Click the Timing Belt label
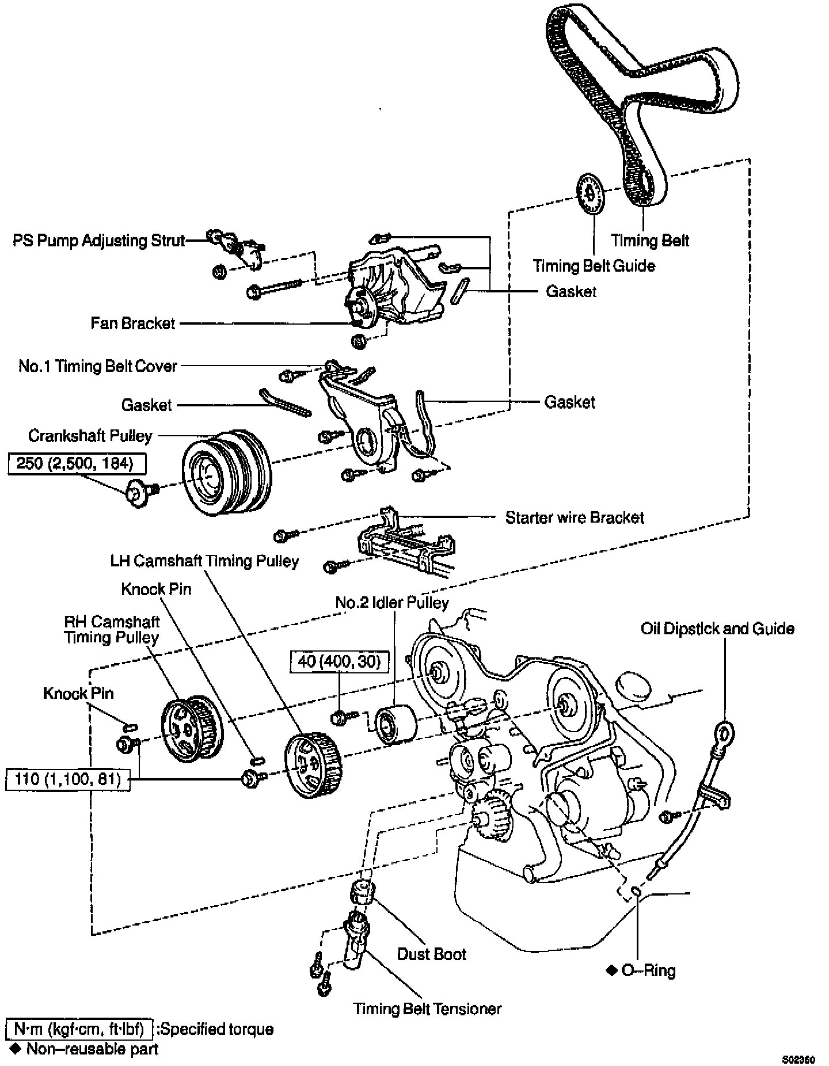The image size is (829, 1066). point(650,240)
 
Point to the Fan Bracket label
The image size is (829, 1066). point(133,323)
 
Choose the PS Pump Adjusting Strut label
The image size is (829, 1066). point(99,240)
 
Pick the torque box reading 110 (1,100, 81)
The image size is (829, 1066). point(67,780)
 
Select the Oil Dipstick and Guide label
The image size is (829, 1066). point(717,628)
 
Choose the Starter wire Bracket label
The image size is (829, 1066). point(575,517)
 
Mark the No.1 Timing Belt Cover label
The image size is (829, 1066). point(98,366)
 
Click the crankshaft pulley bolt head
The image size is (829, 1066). point(136,494)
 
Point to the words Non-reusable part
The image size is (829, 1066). point(92,1049)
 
